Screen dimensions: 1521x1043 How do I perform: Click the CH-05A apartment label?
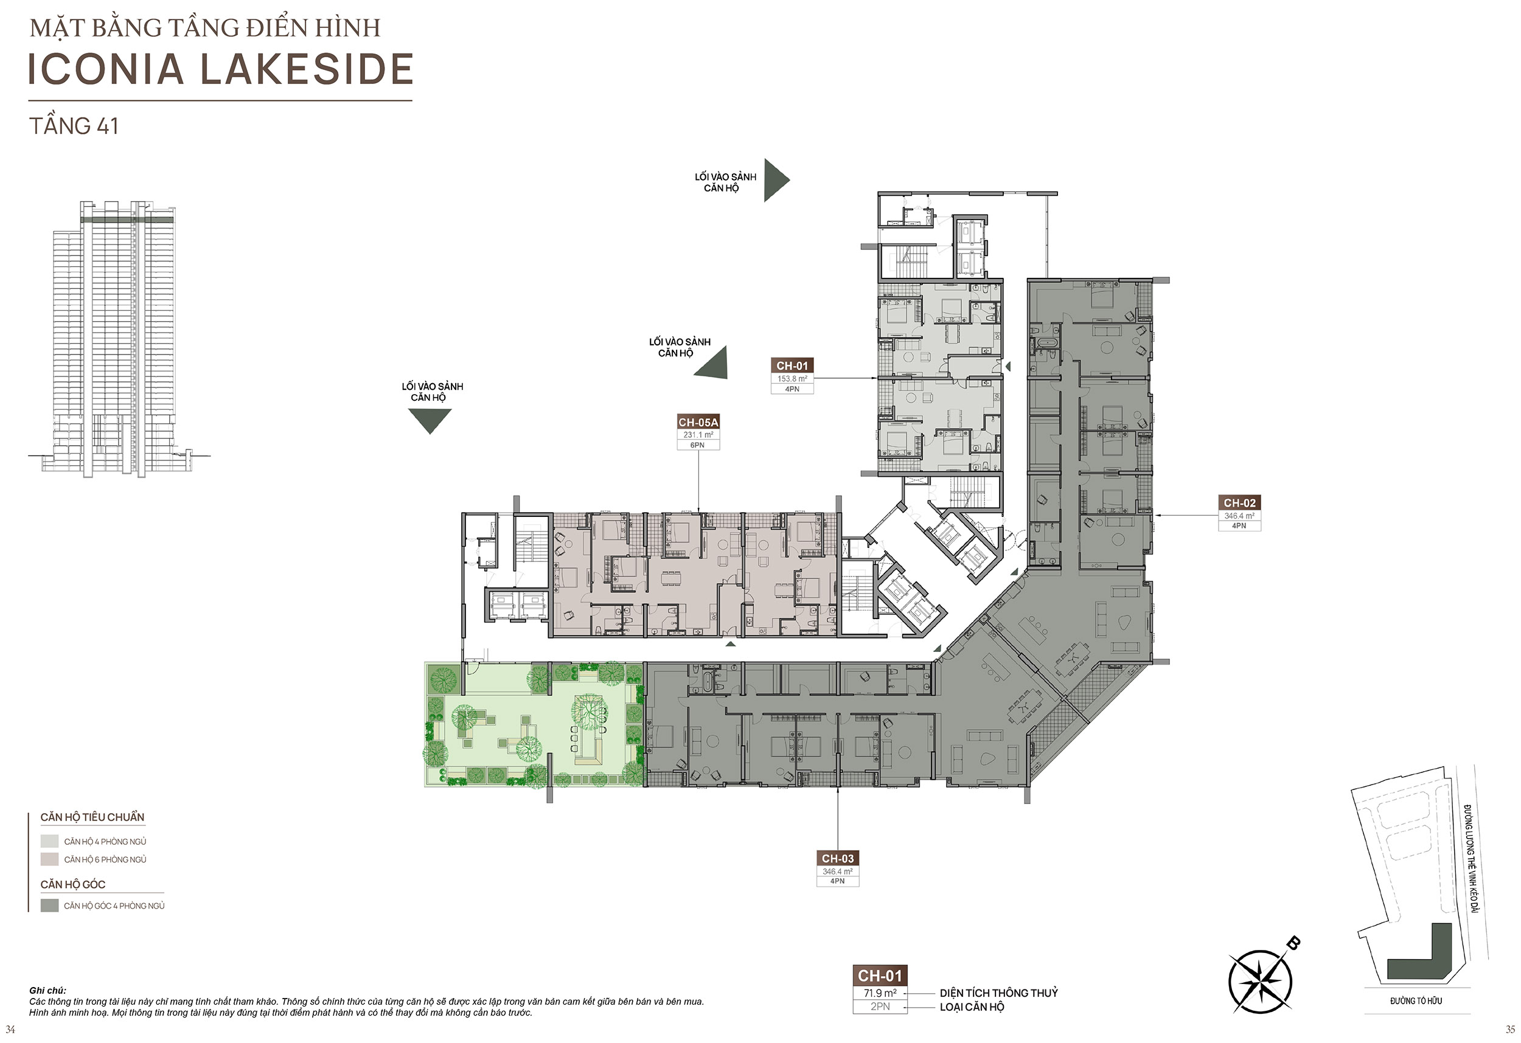tap(698, 423)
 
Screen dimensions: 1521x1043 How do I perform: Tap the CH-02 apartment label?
tap(1239, 503)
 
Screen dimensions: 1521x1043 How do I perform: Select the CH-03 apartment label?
tap(838, 859)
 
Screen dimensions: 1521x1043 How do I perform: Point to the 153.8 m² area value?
tap(792, 379)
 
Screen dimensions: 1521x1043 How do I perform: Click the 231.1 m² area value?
tap(698, 435)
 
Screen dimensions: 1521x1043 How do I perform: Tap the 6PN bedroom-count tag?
tap(698, 445)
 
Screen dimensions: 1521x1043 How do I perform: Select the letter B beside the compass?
tap(1293, 943)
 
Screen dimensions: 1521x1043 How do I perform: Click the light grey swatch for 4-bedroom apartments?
tap(50, 842)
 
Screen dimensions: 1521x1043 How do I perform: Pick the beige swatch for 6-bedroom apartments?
tap(50, 859)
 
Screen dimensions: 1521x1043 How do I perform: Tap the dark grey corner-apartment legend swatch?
tap(50, 906)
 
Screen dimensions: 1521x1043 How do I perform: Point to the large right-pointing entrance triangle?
tap(776, 180)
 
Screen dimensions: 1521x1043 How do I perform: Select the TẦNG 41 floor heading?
tap(74, 126)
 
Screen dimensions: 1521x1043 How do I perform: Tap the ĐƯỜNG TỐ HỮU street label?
tap(1416, 1001)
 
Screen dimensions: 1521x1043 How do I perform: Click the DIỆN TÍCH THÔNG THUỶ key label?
tap(999, 993)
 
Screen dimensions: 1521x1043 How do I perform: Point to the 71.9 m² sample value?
tap(880, 993)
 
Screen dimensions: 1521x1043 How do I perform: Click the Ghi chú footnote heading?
tap(48, 991)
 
